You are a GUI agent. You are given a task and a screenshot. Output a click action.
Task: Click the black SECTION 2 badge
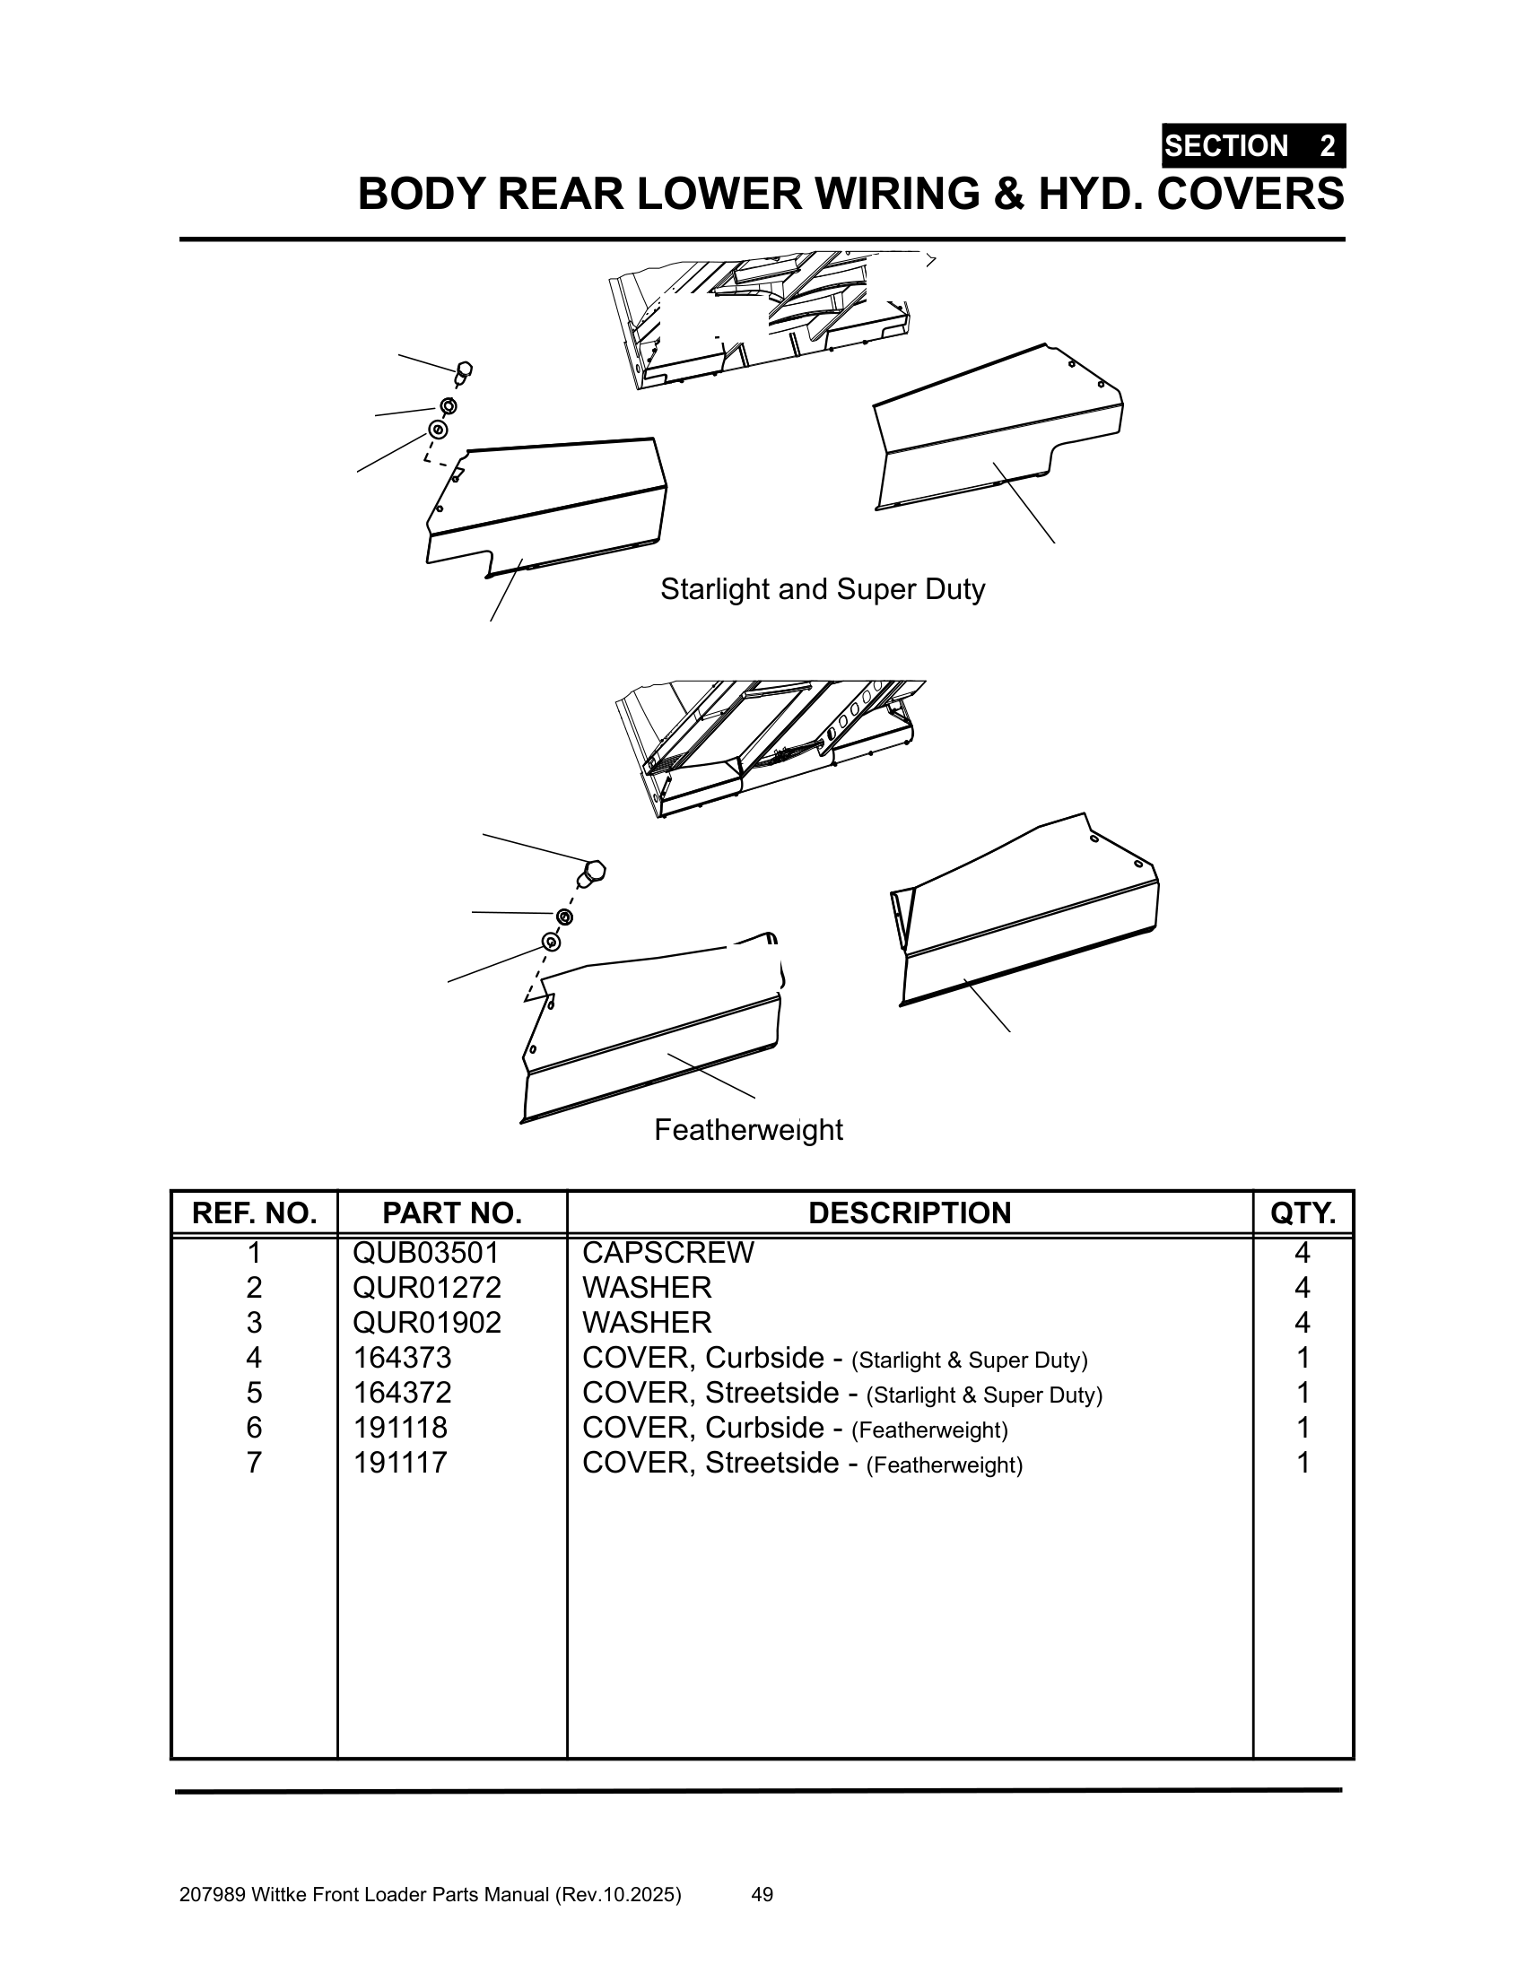tap(1253, 145)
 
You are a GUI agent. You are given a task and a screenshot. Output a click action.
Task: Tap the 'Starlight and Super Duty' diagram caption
tap(822, 589)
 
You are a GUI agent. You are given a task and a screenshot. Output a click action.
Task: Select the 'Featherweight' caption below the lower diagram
tap(748, 1129)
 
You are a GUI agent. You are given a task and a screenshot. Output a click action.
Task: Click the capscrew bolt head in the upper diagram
tap(464, 370)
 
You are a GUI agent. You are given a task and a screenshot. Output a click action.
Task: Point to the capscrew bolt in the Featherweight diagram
tap(592, 874)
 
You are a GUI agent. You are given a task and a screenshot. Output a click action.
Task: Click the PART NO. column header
tap(452, 1212)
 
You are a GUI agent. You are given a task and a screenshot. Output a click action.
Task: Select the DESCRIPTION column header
tap(910, 1212)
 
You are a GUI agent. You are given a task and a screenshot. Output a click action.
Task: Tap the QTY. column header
tap(1303, 1212)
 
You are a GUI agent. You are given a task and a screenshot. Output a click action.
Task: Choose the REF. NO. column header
tap(254, 1212)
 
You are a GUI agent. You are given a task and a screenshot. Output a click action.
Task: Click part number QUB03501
tap(426, 1252)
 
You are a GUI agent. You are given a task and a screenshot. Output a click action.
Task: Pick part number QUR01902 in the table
tap(426, 1323)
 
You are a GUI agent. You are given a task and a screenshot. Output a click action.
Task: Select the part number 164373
tap(402, 1358)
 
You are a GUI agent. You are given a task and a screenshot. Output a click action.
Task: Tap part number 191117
tap(400, 1463)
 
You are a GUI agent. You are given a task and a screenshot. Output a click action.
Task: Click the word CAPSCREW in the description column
tap(667, 1252)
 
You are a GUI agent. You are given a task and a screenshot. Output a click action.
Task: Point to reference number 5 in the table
tap(254, 1393)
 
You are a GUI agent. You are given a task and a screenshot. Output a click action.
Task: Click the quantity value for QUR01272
tap(1302, 1287)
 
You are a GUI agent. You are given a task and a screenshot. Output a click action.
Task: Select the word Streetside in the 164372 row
tap(772, 1393)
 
